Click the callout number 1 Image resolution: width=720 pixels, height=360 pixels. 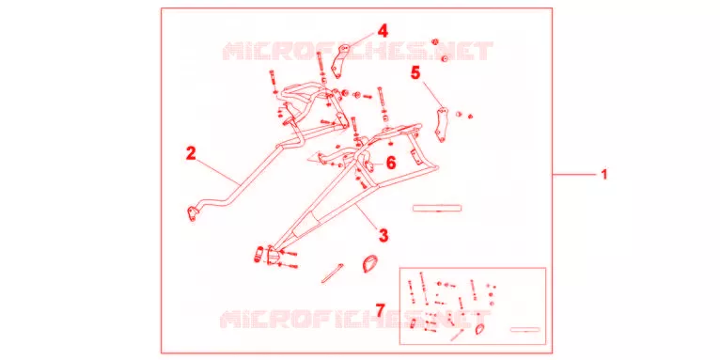pyautogui.click(x=604, y=175)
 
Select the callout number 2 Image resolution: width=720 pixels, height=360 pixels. pyautogui.click(x=191, y=153)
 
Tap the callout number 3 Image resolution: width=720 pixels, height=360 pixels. pyautogui.click(x=383, y=235)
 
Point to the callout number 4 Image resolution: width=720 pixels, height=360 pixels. pyautogui.click(x=383, y=31)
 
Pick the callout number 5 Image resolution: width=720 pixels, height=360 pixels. pyautogui.click(x=415, y=72)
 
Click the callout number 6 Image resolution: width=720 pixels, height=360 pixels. pyautogui.click(x=390, y=163)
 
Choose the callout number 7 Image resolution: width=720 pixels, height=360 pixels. pyautogui.click(x=380, y=310)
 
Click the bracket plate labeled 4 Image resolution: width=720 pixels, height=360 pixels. pyautogui.click(x=338, y=61)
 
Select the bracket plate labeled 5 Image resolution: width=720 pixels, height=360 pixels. pyautogui.click(x=441, y=124)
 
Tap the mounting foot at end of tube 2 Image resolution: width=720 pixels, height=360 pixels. pyautogui.click(x=192, y=213)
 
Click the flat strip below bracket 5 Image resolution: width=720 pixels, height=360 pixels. pyautogui.click(x=437, y=209)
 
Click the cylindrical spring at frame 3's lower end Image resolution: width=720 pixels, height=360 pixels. pyautogui.click(x=258, y=254)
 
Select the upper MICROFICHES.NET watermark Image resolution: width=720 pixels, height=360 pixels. pyautogui.click(x=357, y=51)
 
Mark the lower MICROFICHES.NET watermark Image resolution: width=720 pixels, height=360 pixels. pyautogui.click(x=353, y=320)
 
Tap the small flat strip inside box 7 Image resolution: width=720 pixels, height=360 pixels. pyautogui.click(x=525, y=330)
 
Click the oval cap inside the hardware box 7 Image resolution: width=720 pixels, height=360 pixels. pyautogui.click(x=479, y=328)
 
